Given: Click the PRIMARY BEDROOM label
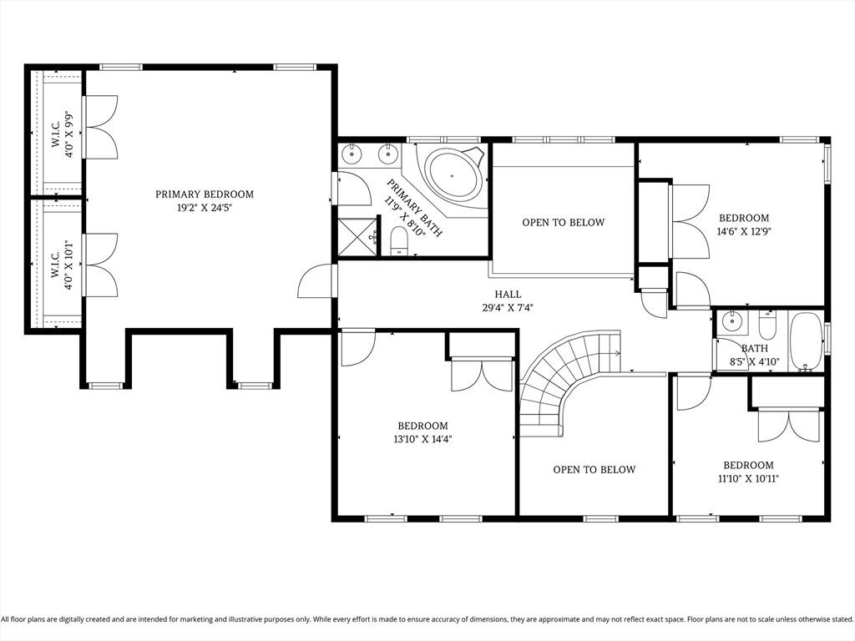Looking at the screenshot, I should coord(205,194).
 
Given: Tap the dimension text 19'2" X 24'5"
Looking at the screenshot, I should coord(205,208).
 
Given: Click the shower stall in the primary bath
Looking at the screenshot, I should coord(356,236).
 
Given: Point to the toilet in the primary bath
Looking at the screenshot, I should coord(398,240).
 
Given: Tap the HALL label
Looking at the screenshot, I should coord(508,295).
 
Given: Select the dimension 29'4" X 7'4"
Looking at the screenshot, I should coord(508,307).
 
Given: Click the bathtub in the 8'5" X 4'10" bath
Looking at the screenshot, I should coord(806,341).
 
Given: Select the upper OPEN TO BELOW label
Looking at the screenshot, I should coord(563,223).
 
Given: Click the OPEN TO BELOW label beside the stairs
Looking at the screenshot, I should coord(594,470).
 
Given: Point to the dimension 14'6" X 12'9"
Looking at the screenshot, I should coord(743,232).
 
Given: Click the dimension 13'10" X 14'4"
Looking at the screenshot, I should coord(422,439).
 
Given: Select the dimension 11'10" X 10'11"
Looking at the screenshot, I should coord(748,478).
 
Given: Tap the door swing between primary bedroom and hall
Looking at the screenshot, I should coord(316,281).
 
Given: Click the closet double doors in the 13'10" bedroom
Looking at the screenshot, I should coord(482,375).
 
